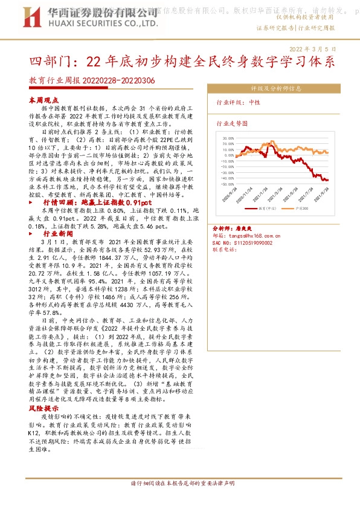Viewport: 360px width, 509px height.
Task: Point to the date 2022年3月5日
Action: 313,47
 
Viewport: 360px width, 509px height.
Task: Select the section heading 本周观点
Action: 44,100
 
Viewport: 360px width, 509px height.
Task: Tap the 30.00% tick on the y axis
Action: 228,138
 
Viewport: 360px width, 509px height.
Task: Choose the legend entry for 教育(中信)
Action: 266,207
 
